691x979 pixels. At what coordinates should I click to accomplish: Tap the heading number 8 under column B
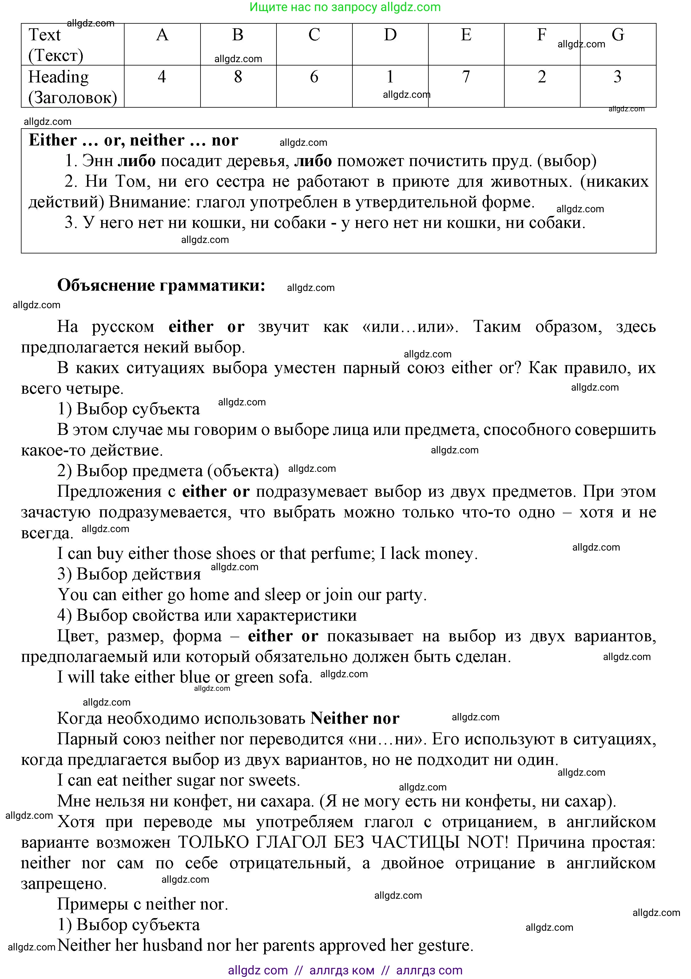coord(238,77)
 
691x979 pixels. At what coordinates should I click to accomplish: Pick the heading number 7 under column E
coord(466,77)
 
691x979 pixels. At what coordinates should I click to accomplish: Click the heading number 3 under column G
coord(617,77)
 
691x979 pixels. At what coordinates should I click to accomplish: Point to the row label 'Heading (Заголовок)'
coord(73,87)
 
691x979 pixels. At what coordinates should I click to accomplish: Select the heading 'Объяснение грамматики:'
coord(161,285)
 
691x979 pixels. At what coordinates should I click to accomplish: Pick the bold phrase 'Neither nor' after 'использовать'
coord(355,718)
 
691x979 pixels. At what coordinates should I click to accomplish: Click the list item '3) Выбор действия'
coord(129,574)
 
